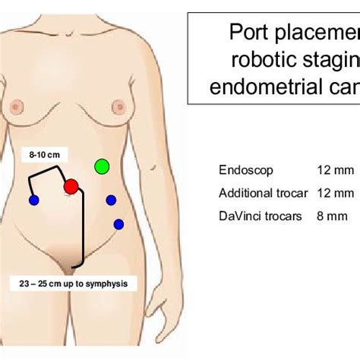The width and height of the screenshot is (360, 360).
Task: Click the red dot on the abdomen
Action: (71, 186)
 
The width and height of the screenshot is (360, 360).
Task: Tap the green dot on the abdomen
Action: (101, 166)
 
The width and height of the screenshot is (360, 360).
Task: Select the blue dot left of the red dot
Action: (33, 201)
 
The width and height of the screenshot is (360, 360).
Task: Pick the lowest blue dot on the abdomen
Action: (118, 224)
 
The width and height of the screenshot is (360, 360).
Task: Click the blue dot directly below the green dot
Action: (111, 201)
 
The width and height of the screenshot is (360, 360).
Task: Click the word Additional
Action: (245, 193)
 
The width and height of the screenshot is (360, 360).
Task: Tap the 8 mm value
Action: (332, 216)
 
